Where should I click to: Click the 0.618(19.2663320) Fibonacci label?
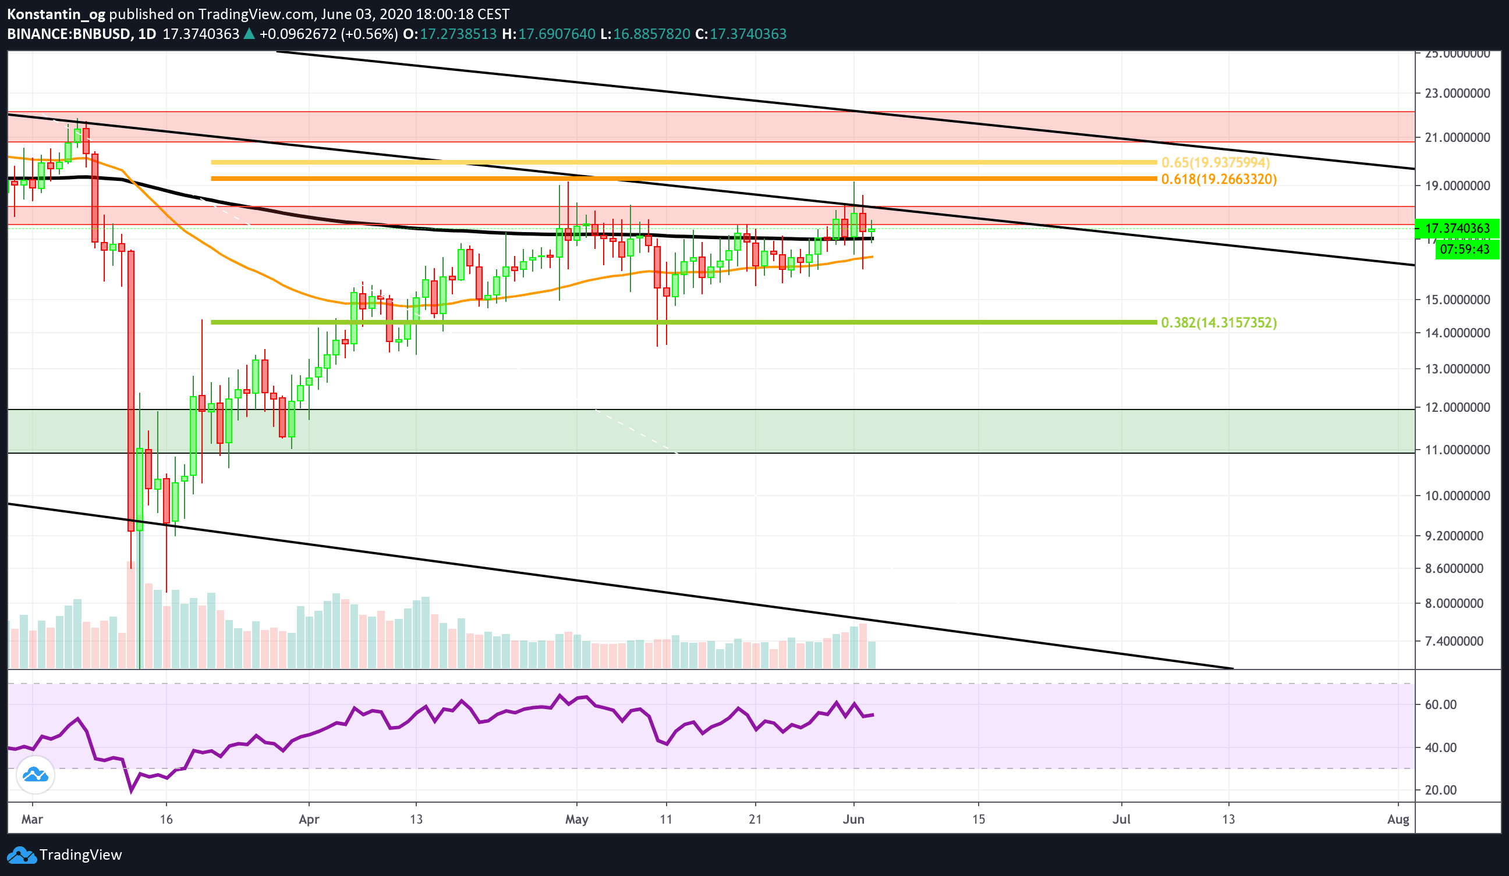pyautogui.click(x=1218, y=179)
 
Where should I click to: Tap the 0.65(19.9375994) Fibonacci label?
pyautogui.click(x=1215, y=162)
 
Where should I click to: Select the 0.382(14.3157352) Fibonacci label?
pyautogui.click(x=1218, y=322)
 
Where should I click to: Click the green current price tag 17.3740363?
pyautogui.click(x=1457, y=228)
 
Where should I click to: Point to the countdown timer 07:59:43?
pyautogui.click(x=1464, y=249)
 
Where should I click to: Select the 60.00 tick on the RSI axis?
pyautogui.click(x=1440, y=704)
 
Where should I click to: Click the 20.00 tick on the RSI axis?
pyautogui.click(x=1440, y=790)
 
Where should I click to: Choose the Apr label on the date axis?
pyautogui.click(x=309, y=819)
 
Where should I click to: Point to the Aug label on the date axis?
pyautogui.click(x=1398, y=819)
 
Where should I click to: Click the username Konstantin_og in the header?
pyautogui.click(x=56, y=14)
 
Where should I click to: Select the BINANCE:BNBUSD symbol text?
pyautogui.click(x=69, y=34)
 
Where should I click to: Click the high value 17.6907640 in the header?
pyautogui.click(x=557, y=34)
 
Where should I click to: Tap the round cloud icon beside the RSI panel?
pyautogui.click(x=36, y=775)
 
